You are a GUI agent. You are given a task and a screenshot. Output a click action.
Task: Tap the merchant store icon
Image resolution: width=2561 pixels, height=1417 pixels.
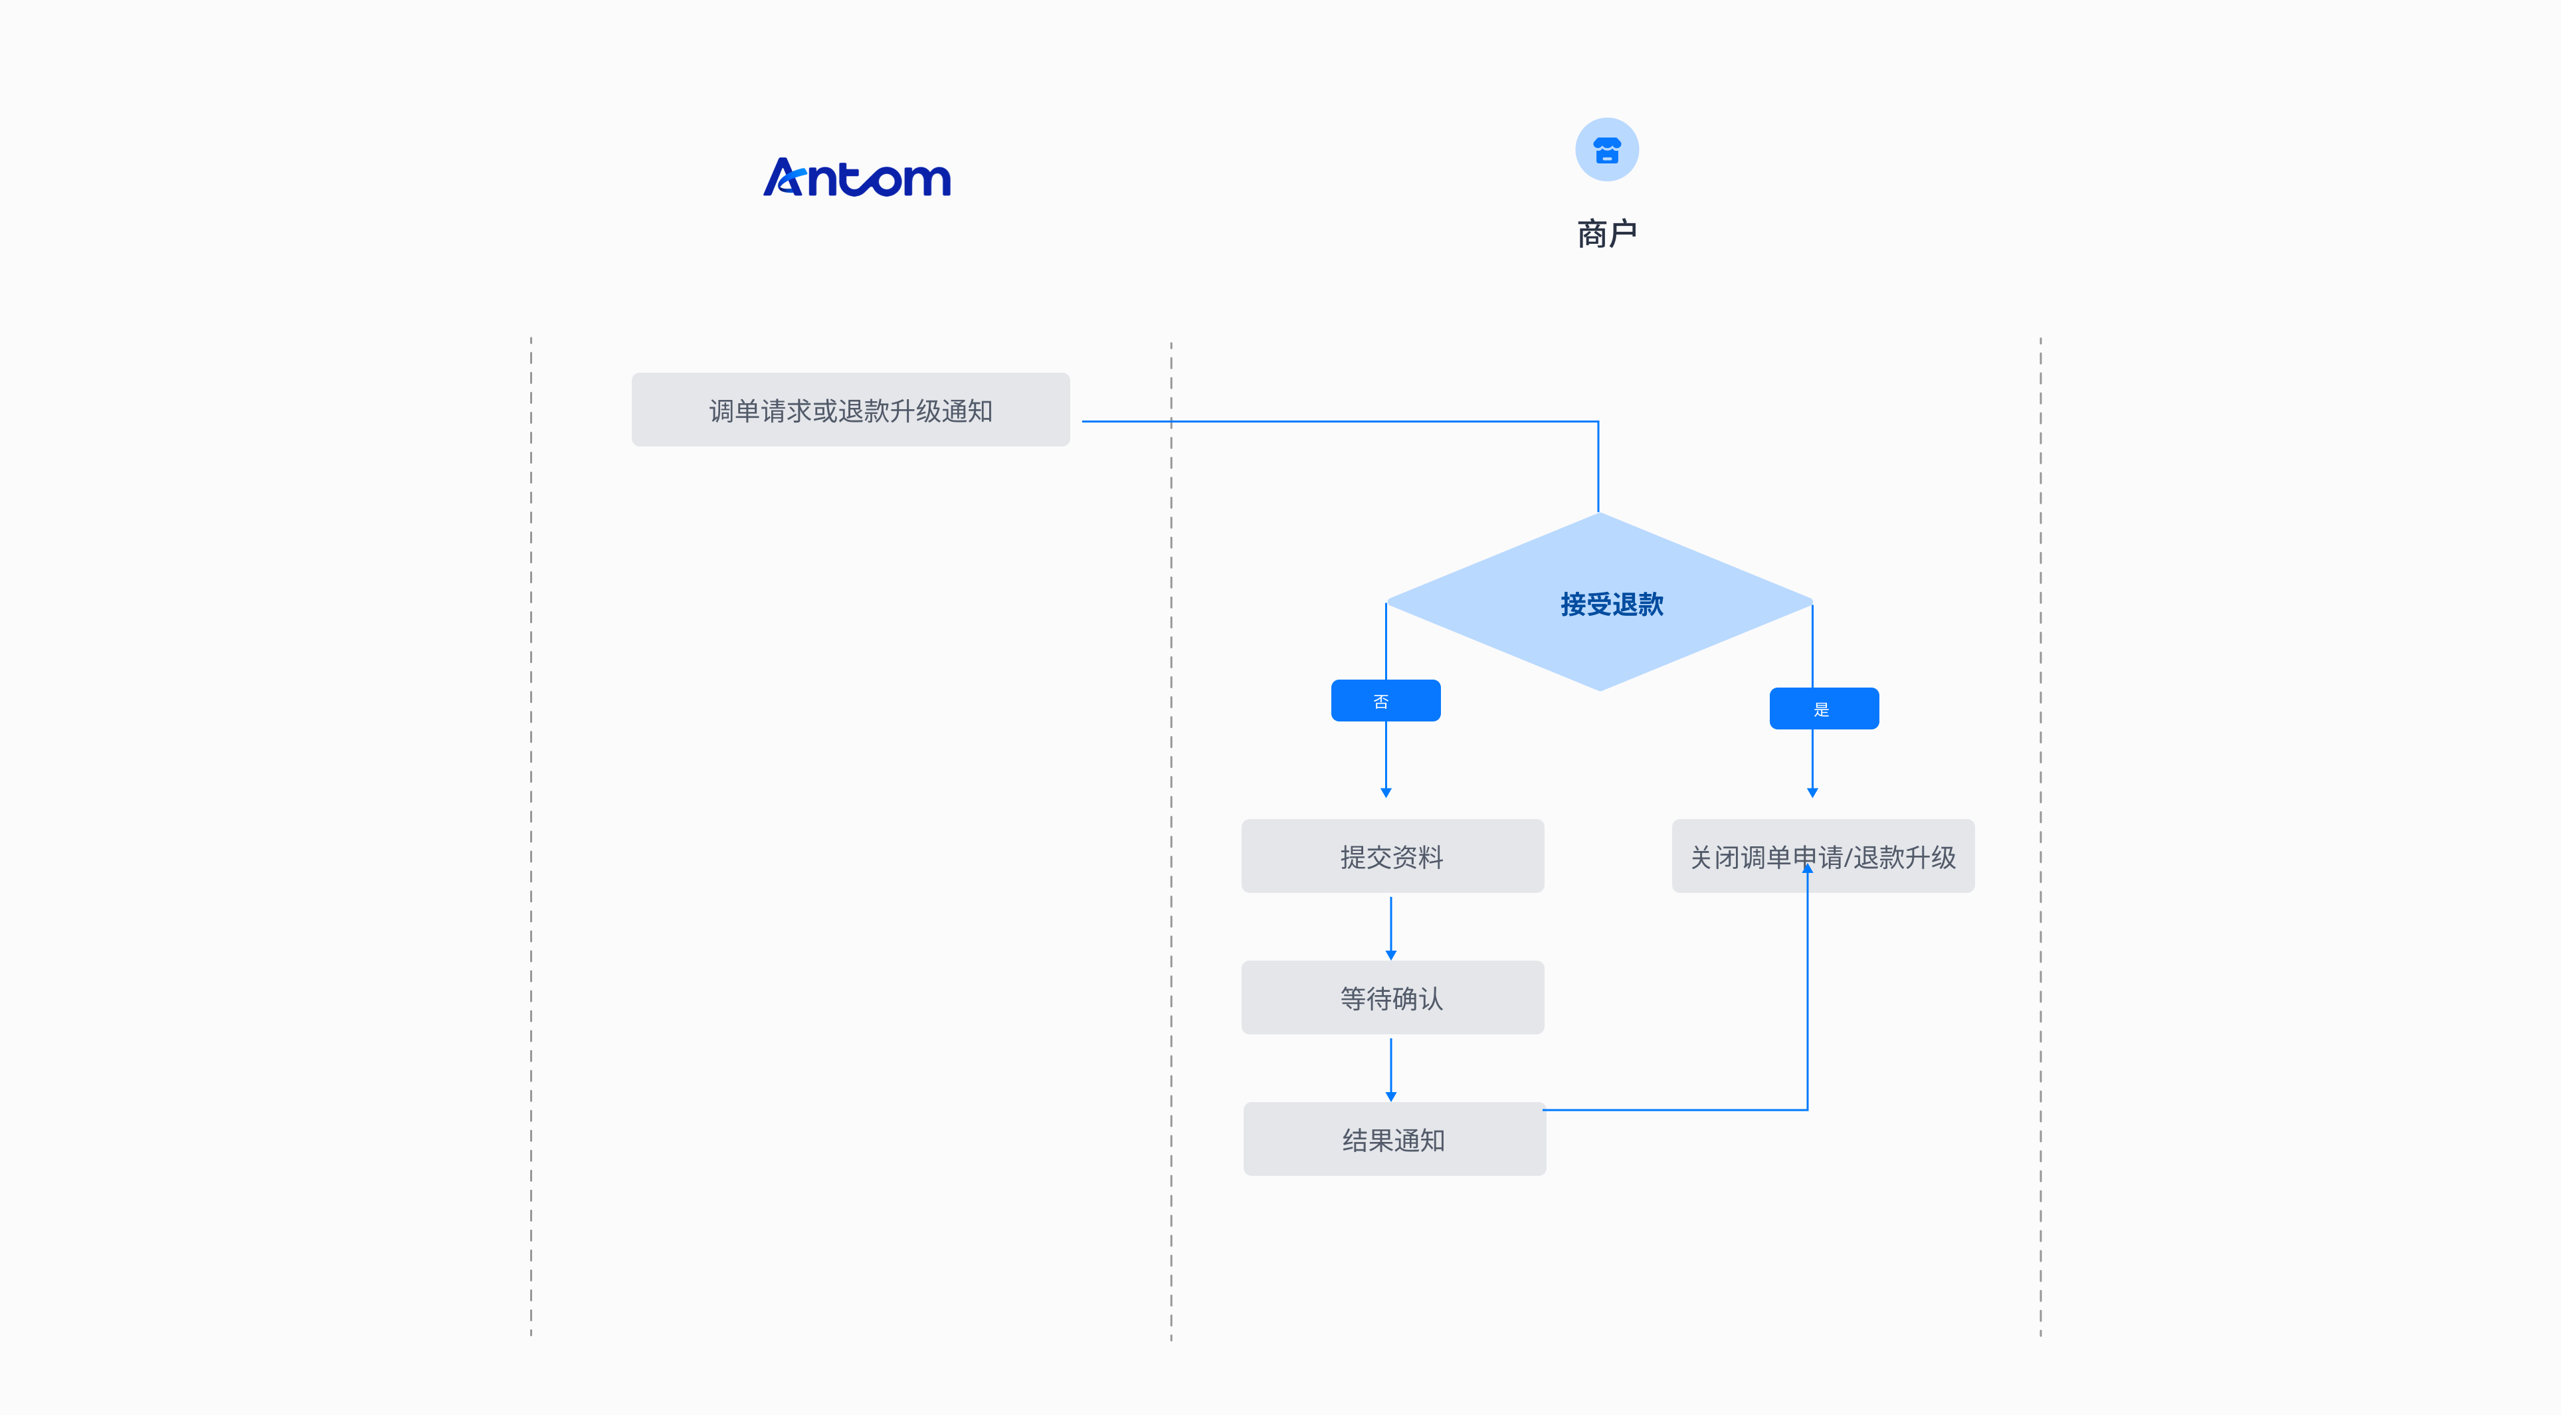1606,150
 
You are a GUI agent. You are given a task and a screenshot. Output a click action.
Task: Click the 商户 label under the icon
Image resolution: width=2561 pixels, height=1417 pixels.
1606,234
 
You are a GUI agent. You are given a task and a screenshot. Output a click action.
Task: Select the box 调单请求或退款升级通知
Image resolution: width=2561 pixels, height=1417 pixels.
850,410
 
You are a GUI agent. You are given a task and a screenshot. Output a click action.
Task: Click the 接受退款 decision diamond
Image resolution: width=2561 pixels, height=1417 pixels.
1600,603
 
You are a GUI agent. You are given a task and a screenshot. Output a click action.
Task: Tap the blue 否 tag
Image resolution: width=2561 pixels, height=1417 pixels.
1385,701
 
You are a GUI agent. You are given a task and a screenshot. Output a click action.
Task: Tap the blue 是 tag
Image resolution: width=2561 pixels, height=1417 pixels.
1824,709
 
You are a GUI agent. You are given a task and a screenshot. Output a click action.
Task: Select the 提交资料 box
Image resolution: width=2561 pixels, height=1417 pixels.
1392,856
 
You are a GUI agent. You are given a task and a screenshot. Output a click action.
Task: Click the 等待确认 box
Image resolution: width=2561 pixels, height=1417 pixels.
1392,997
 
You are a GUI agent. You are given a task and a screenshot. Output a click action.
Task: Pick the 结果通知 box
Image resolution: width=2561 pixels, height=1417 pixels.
1394,1139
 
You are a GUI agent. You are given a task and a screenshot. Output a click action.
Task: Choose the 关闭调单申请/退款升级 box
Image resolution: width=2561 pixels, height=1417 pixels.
1822,856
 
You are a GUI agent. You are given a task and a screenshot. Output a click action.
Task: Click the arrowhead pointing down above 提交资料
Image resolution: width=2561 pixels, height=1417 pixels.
1386,793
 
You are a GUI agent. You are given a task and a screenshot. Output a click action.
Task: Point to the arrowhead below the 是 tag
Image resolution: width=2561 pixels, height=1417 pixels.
1812,793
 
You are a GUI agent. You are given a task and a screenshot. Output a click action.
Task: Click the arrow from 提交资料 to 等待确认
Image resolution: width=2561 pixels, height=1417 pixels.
1391,928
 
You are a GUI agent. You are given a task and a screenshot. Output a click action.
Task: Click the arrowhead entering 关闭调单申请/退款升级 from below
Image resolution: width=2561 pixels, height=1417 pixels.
1808,869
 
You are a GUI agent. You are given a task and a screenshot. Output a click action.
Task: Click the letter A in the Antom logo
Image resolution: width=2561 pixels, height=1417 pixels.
785,178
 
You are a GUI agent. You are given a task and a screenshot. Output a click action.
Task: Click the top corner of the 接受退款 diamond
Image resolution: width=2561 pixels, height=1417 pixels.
1598,515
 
